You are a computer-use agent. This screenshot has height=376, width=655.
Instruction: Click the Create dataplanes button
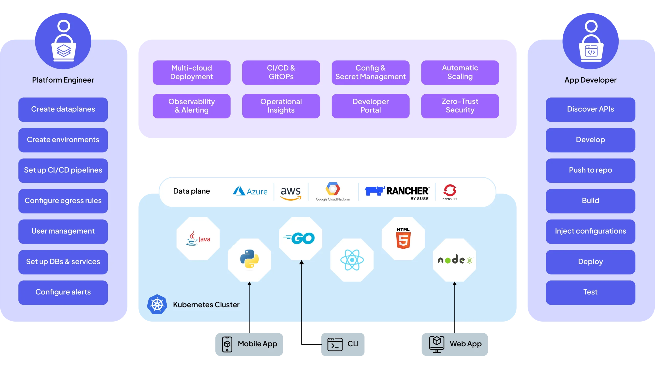point(63,109)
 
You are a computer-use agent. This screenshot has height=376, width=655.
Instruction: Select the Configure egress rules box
point(63,201)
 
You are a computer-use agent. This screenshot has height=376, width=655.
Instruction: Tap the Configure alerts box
point(63,292)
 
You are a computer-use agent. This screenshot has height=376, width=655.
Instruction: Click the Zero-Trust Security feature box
point(460,106)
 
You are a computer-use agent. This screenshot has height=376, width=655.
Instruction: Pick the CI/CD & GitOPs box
point(281,73)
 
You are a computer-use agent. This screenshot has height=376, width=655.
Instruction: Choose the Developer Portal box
point(370,106)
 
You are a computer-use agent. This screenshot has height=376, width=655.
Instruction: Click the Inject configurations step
point(590,231)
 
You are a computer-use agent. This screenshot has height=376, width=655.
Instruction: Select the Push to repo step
point(590,170)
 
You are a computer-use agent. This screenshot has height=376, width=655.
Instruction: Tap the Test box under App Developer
point(590,292)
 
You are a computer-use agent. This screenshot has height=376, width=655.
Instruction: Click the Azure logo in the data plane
point(250,191)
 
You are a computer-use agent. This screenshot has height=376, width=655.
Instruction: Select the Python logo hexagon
point(249,259)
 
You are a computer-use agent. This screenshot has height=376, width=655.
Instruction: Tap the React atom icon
point(352,260)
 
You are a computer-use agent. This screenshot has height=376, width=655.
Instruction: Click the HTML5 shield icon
point(403,239)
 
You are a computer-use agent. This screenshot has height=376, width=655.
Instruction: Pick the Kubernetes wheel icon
point(157,304)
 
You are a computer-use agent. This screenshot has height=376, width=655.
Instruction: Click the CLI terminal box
point(343,344)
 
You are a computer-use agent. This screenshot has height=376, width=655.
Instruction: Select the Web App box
point(454,344)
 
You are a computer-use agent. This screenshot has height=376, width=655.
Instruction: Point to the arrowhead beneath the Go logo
point(301,262)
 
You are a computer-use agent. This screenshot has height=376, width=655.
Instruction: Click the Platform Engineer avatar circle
point(63,41)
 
